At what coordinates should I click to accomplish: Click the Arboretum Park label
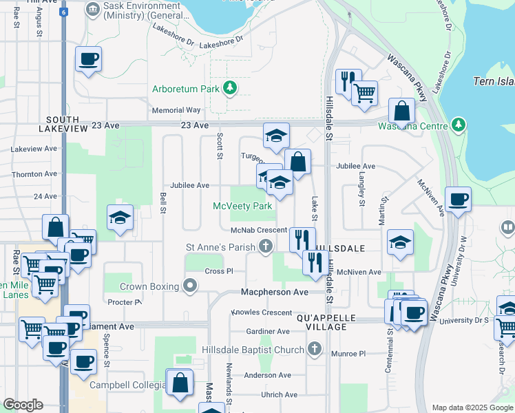(x=185, y=88)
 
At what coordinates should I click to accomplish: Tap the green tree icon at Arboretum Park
(x=230, y=88)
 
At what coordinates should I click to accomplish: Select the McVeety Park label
(x=242, y=206)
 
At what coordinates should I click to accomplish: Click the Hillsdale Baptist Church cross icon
(x=315, y=350)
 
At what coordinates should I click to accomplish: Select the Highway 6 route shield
(x=63, y=12)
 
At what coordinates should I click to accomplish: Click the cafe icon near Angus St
(x=88, y=59)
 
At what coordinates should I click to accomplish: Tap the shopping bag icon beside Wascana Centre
(x=401, y=110)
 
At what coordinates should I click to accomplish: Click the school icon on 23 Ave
(x=276, y=134)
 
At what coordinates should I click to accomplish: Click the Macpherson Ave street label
(x=274, y=292)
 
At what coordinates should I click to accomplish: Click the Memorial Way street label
(x=176, y=110)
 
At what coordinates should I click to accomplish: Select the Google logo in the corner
(x=23, y=405)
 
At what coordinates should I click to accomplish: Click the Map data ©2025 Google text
(x=472, y=407)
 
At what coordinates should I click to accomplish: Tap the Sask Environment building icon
(x=92, y=10)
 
